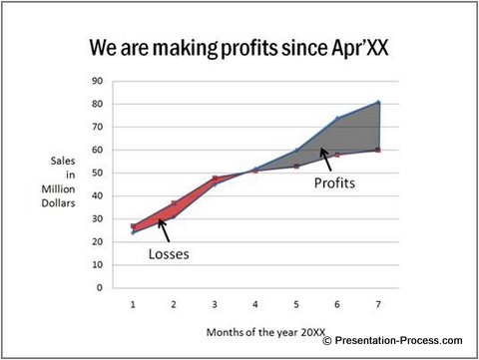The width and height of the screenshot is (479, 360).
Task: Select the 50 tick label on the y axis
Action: [98, 173]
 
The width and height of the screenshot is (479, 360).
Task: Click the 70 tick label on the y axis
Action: [98, 127]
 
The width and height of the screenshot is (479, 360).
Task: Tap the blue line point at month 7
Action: [377, 102]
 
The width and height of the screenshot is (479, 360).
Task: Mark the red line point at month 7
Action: [377, 150]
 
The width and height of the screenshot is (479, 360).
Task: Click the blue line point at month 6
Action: [336, 119]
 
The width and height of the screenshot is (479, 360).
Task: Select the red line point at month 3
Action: [215, 179]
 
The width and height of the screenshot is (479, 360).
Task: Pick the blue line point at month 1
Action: [134, 232]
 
